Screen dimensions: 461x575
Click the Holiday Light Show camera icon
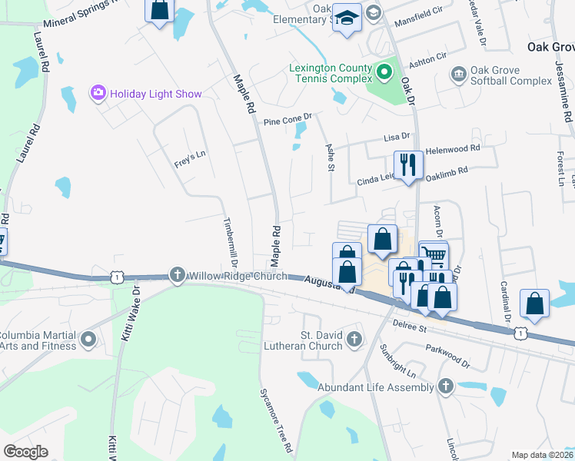pyautogui.click(x=98, y=94)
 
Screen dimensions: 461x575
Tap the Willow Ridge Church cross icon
pyautogui.click(x=178, y=276)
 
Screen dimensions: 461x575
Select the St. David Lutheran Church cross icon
pyautogui.click(x=354, y=338)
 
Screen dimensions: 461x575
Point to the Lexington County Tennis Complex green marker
pyautogui.click(x=384, y=75)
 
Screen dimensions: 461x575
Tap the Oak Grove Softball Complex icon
pyautogui.click(x=459, y=74)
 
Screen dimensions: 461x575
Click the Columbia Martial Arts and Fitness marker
pyautogui.click(x=88, y=338)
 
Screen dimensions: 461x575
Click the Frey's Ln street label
pyautogui.click(x=191, y=158)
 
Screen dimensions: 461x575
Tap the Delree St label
pyautogui.click(x=410, y=326)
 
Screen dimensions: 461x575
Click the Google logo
pyautogui.click(x=26, y=451)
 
